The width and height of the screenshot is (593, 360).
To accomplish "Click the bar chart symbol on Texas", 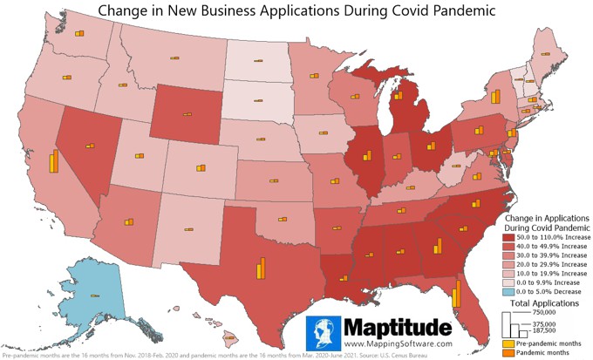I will pyautogui.click(x=261, y=267).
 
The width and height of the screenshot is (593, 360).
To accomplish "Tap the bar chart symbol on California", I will pyautogui.click(x=53, y=162).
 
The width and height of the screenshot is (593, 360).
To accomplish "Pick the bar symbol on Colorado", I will pyautogui.click(x=200, y=168).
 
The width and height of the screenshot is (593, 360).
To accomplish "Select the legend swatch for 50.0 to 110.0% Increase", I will pyautogui.click(x=509, y=235).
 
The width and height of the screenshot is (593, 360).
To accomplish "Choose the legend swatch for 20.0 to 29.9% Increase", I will pyautogui.click(x=509, y=264).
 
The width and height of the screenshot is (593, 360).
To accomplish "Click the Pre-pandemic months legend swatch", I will pyautogui.click(x=509, y=344).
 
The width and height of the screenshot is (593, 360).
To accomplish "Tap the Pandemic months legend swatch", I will pyautogui.click(x=509, y=354).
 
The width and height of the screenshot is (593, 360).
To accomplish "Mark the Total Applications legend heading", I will pyautogui.click(x=545, y=302).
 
